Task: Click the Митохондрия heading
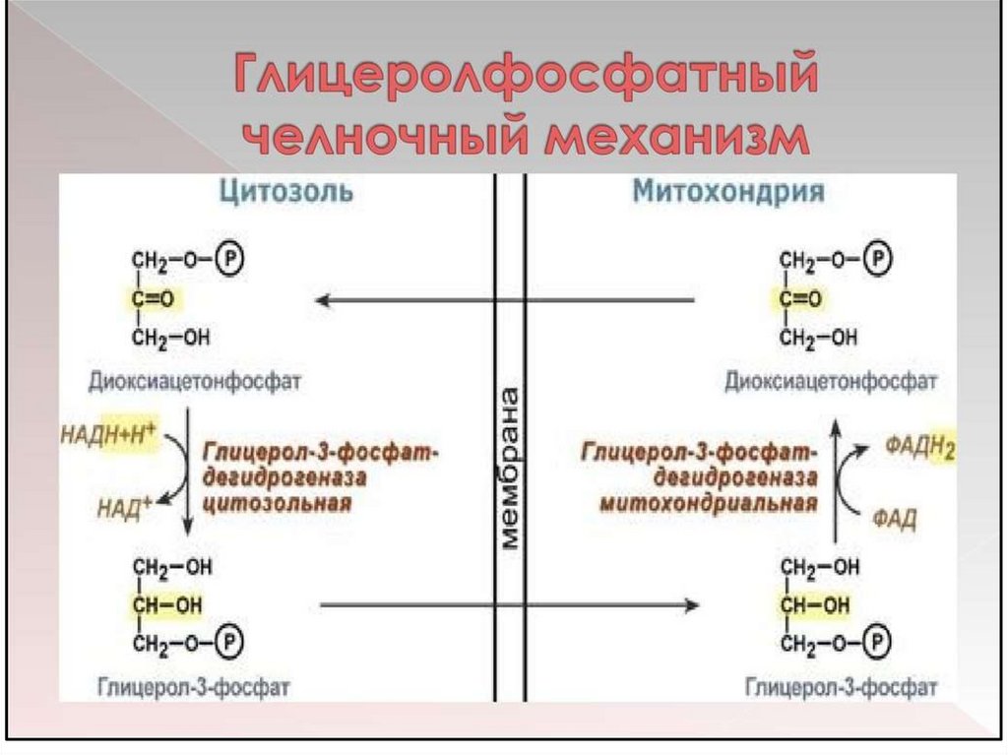(727, 191)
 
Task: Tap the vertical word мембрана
(510, 468)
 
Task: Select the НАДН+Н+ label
(109, 431)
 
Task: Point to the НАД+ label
(124, 507)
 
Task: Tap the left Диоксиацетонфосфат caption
(194, 380)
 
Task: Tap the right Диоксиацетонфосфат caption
(831, 380)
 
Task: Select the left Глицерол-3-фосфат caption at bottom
(194, 684)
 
